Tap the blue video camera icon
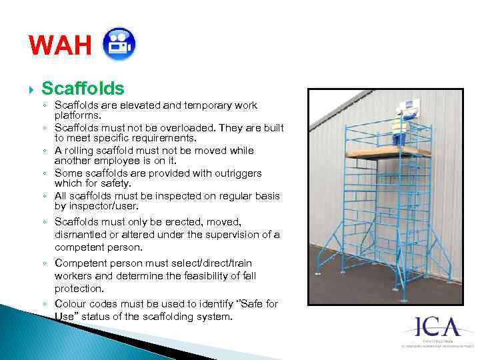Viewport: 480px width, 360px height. click(x=120, y=43)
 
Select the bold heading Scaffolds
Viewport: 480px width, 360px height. click(x=83, y=88)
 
